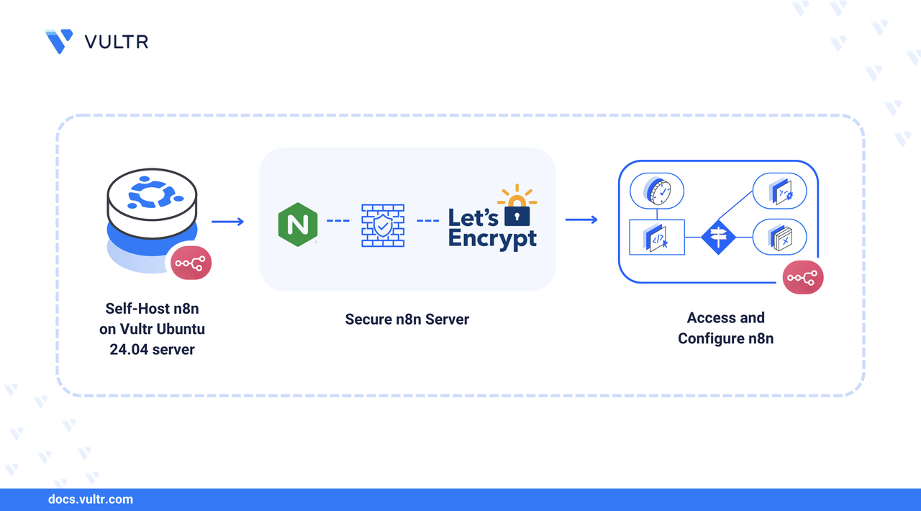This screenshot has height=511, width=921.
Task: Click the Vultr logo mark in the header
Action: coord(58,41)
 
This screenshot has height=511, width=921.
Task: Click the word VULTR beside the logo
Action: coord(117,42)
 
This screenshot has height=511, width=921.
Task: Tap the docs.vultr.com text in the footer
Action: coord(90,499)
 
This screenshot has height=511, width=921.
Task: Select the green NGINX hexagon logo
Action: coord(298,225)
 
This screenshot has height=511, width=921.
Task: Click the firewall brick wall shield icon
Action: coord(382,225)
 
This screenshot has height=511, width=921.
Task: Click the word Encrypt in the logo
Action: coord(492,238)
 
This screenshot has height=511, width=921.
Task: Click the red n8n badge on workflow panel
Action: coord(803,278)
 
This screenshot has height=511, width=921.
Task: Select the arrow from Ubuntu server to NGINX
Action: coord(228,221)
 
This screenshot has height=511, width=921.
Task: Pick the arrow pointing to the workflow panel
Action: coord(581,219)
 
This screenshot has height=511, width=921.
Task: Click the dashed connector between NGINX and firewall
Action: coord(337,220)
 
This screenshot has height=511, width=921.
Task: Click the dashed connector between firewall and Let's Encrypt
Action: coord(428,220)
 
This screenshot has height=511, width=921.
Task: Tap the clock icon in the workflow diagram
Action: coord(656,191)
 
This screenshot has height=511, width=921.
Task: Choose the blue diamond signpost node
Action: coord(719,237)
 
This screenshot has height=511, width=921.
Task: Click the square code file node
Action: coord(656,237)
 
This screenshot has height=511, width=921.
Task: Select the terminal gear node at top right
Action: coord(779,192)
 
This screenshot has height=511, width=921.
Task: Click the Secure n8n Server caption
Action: coord(407,319)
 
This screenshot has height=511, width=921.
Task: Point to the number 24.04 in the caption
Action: coord(128,349)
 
